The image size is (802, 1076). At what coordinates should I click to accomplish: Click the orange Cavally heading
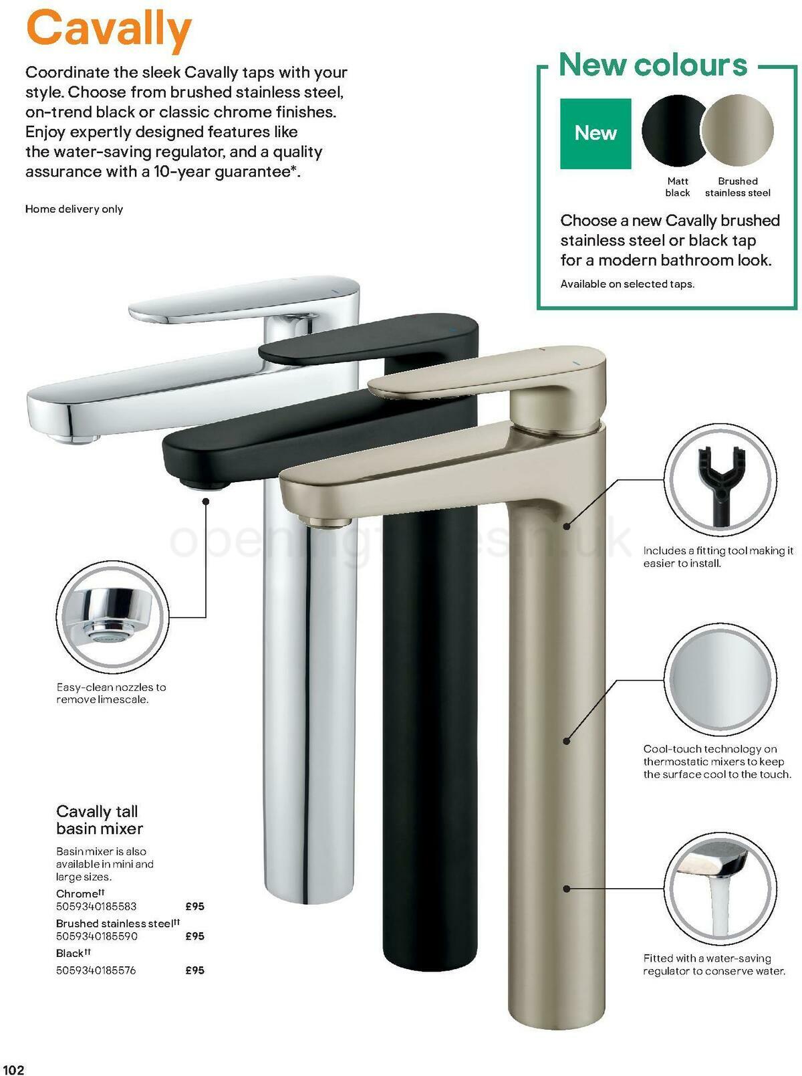click(x=108, y=29)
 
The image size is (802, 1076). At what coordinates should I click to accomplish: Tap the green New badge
click(x=595, y=133)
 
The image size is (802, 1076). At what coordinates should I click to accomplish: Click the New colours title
click(x=652, y=65)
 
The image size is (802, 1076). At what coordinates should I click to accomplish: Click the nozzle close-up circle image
click(x=112, y=617)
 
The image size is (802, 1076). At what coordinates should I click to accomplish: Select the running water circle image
click(x=720, y=888)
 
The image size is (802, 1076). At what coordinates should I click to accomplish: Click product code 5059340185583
click(x=96, y=907)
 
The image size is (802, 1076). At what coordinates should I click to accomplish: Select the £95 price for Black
click(x=194, y=970)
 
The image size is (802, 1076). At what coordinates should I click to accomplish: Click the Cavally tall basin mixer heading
click(x=99, y=820)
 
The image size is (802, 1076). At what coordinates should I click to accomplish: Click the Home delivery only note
click(x=74, y=209)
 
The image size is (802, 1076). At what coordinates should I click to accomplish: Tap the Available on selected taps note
click(x=627, y=284)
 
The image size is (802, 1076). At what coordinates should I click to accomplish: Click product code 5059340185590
click(x=97, y=936)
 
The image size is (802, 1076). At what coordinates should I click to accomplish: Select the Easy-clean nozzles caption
click(x=111, y=693)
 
